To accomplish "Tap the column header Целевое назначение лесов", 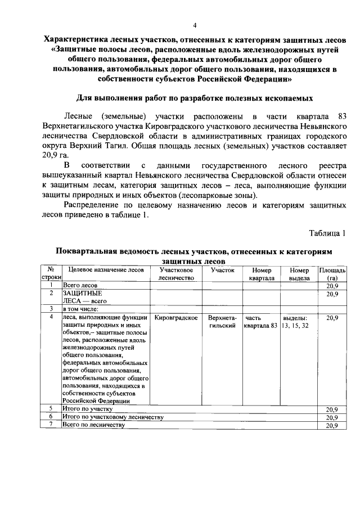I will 104,270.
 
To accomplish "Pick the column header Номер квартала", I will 262,274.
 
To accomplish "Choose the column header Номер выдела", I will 299,274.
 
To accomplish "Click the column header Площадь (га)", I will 332,274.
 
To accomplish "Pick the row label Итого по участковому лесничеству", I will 112,417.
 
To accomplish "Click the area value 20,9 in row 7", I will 332,426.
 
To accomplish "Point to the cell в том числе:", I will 81,309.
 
